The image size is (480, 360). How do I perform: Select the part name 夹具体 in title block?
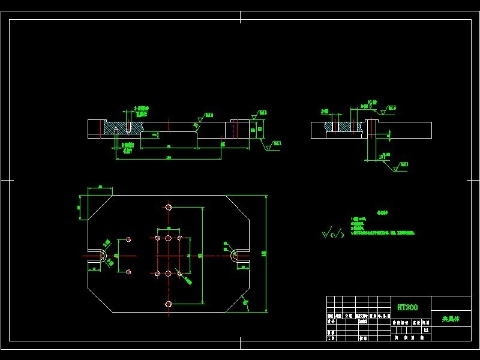click(451, 319)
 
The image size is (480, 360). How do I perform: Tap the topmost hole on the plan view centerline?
click(169, 208)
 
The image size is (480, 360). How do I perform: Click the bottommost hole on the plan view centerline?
click(169, 304)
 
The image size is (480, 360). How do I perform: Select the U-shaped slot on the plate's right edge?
click(236, 256)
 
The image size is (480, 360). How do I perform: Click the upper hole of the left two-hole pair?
click(129, 239)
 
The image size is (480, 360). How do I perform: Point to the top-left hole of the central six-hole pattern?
click(157, 239)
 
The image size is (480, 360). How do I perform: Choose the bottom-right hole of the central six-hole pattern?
click(180, 273)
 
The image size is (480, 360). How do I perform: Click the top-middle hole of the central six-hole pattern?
click(169, 239)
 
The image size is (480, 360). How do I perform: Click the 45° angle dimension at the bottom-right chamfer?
click(245, 303)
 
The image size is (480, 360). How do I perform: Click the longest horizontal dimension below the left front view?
click(169, 158)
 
